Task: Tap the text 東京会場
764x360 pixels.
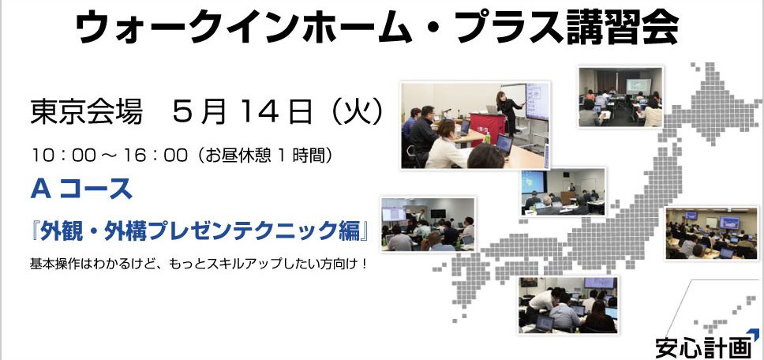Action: (87, 113)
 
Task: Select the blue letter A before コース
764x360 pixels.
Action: (41, 189)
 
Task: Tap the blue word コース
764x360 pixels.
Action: (96, 189)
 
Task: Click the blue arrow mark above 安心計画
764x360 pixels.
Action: (753, 334)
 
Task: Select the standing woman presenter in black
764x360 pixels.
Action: (509, 113)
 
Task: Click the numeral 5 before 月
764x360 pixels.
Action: (182, 113)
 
